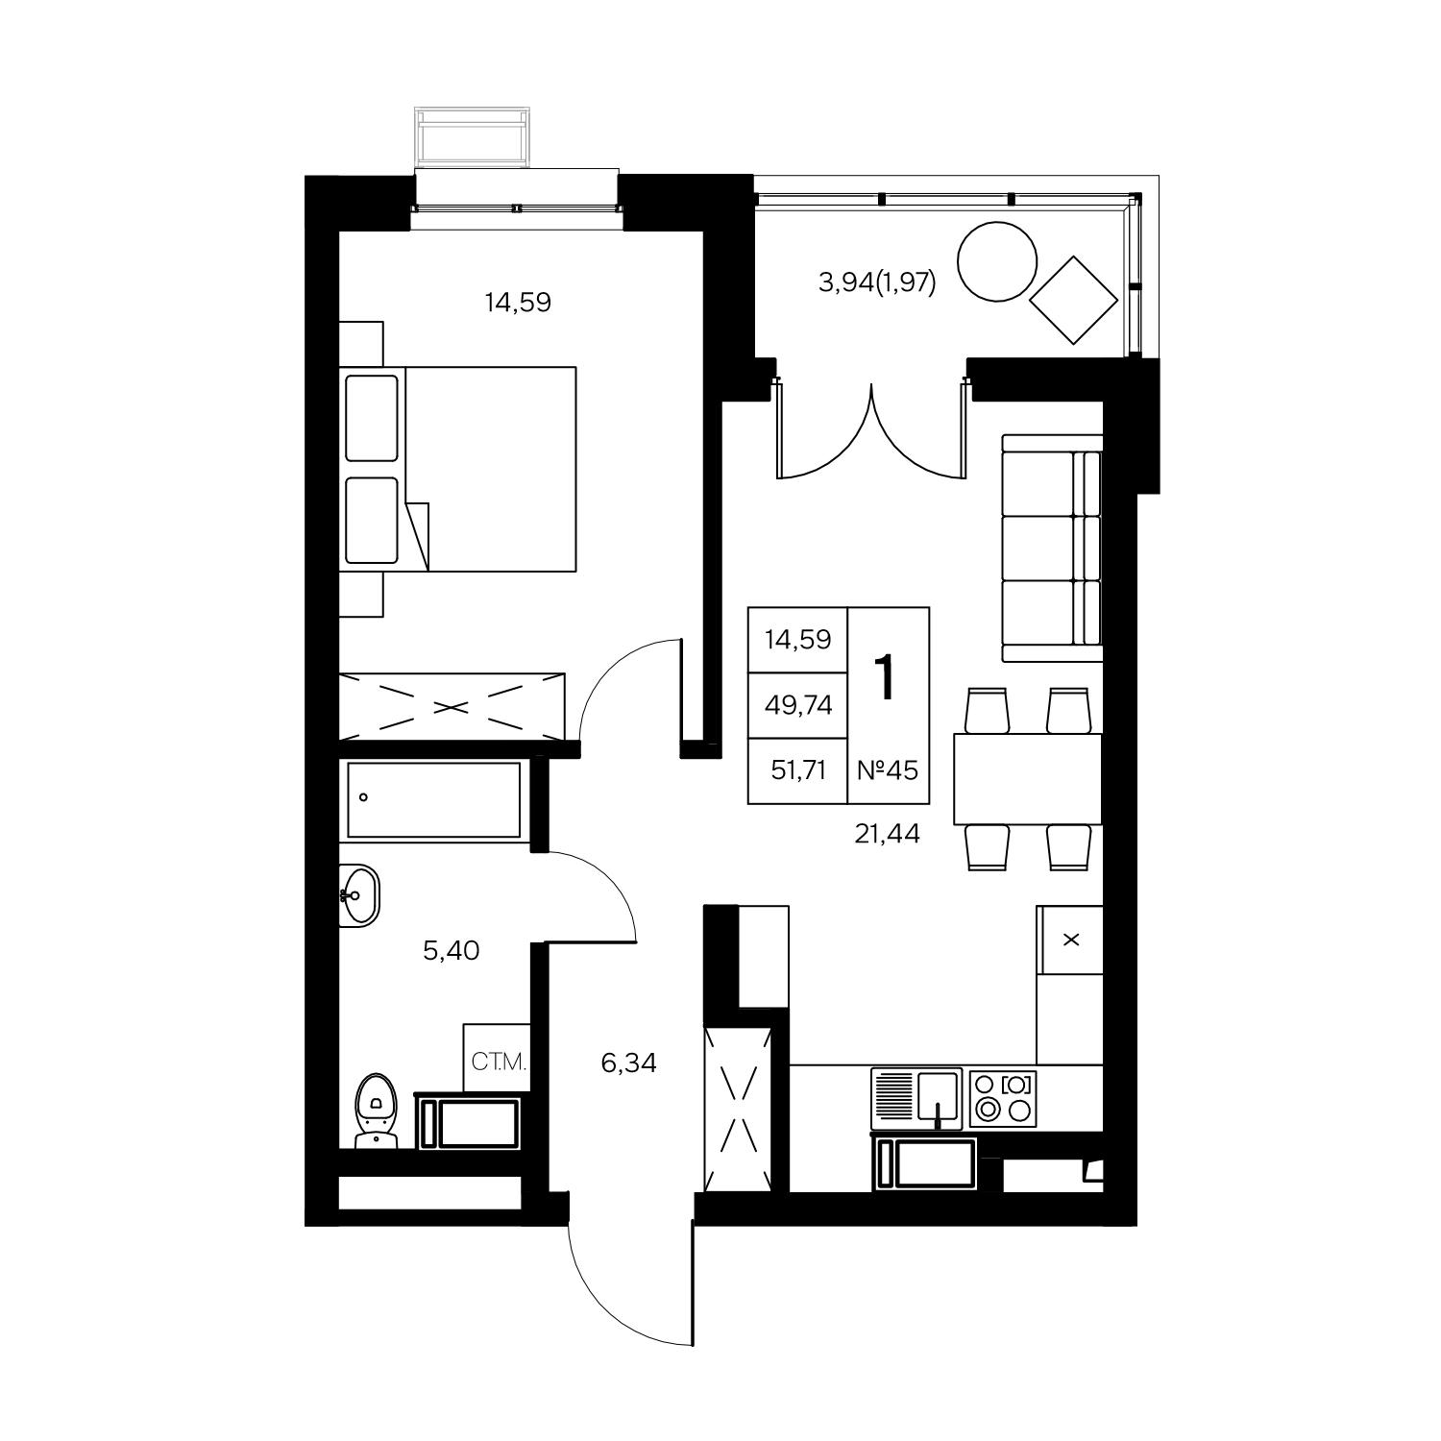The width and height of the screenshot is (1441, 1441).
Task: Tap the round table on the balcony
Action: click(997, 260)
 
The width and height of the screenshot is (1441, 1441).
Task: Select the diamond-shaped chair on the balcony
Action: click(1074, 300)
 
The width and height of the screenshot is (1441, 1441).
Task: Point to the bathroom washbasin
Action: click(359, 894)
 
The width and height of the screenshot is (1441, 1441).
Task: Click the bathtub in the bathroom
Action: click(433, 800)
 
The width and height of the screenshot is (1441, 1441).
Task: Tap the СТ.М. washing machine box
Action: click(497, 1059)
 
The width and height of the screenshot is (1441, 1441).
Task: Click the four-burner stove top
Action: click(1004, 1099)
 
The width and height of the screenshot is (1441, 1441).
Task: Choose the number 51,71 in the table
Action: click(798, 769)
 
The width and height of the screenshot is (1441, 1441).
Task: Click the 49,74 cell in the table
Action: click(798, 705)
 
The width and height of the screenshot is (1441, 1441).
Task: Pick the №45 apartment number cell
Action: click(888, 769)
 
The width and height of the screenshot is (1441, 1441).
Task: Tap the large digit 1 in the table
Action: click(885, 677)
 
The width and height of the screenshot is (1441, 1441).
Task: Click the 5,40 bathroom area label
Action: click(451, 951)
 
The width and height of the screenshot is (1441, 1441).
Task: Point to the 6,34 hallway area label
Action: click(628, 1063)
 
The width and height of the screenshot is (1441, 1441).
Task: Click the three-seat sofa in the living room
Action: click(1051, 549)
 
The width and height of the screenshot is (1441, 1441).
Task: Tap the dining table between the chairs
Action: click(1027, 779)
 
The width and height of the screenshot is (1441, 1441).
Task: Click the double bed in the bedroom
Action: click(458, 469)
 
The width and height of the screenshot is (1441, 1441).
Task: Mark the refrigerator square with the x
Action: click(1070, 940)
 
